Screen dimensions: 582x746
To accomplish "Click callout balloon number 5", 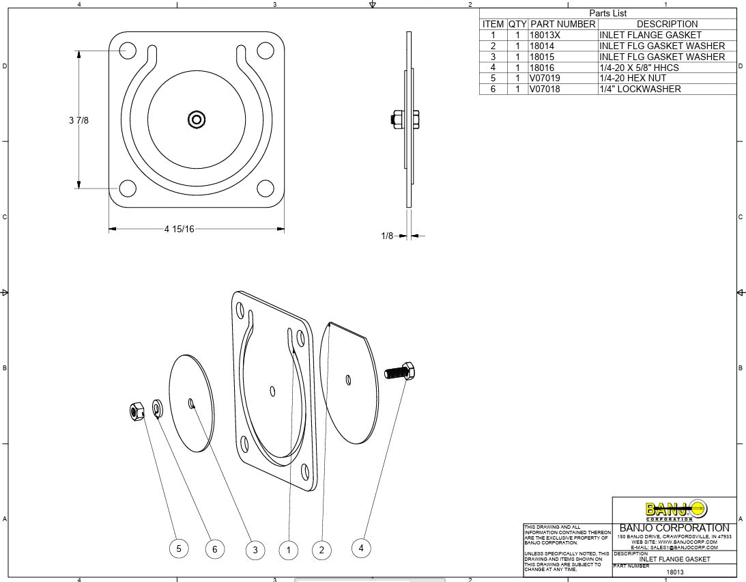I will click(x=179, y=548).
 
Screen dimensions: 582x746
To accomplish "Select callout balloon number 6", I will click(x=215, y=549).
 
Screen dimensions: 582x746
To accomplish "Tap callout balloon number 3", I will click(x=255, y=550).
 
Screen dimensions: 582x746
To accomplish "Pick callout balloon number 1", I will click(x=289, y=550).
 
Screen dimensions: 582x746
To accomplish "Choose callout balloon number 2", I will click(x=321, y=550).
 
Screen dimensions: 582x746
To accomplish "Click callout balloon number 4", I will click(x=362, y=547).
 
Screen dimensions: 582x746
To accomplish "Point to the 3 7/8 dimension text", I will click(x=78, y=120).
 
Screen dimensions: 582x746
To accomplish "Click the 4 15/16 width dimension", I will click(x=179, y=229).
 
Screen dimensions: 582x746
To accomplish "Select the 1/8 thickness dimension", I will click(x=387, y=236).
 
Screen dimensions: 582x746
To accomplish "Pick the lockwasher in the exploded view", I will click(x=157, y=409).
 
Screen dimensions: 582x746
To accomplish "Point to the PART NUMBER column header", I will click(x=562, y=24).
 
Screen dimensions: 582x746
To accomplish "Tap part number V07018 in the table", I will click(x=545, y=89).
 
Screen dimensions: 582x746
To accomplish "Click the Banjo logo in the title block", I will click(x=676, y=510).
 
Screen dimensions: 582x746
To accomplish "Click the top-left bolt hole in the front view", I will click(x=128, y=50).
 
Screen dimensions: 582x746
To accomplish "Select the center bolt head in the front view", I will click(x=197, y=120).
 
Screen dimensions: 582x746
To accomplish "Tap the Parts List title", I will click(x=607, y=13).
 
